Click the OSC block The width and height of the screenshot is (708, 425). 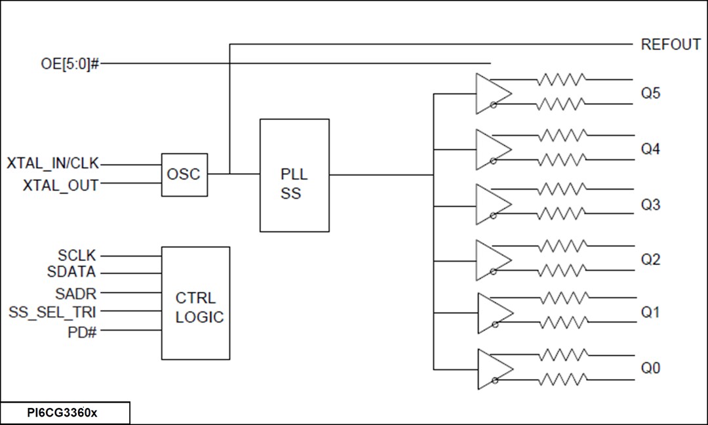click(185, 174)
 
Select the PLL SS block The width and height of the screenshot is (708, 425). click(294, 175)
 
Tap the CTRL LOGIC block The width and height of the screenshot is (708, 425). click(195, 303)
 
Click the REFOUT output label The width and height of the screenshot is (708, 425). click(671, 45)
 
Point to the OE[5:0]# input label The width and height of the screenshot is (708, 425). click(69, 64)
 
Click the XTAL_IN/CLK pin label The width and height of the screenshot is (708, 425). click(53, 163)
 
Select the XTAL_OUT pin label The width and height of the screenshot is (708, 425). click(60, 186)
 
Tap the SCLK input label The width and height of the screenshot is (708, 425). click(77, 256)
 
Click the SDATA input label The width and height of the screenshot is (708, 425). click(71, 272)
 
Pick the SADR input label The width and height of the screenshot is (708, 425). click(76, 293)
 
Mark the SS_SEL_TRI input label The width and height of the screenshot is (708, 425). click(52, 312)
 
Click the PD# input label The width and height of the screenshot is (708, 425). click(82, 331)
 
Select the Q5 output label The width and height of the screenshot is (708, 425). click(650, 93)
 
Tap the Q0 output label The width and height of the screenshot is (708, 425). click(650, 368)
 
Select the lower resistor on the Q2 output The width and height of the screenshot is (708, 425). click(561, 270)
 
